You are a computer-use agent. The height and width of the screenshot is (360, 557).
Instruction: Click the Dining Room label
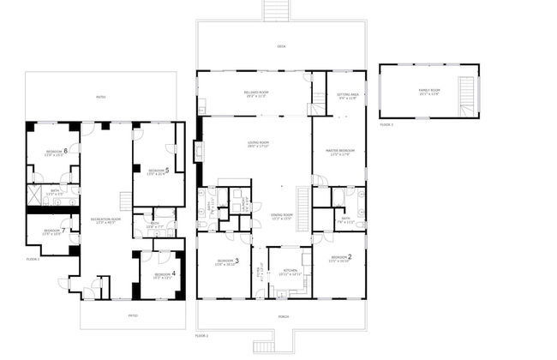tap(282, 215)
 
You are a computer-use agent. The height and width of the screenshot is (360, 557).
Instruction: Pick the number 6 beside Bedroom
tap(66, 151)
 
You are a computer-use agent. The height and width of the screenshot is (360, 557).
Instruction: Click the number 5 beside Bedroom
tap(167, 170)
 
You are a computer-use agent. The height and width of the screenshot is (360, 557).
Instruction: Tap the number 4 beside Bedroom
tap(174, 273)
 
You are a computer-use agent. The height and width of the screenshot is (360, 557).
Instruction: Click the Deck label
tap(280, 47)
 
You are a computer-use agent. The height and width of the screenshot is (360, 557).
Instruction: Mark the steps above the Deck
tap(275, 9)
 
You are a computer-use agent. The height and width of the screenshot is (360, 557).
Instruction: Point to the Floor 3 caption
tap(386, 125)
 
